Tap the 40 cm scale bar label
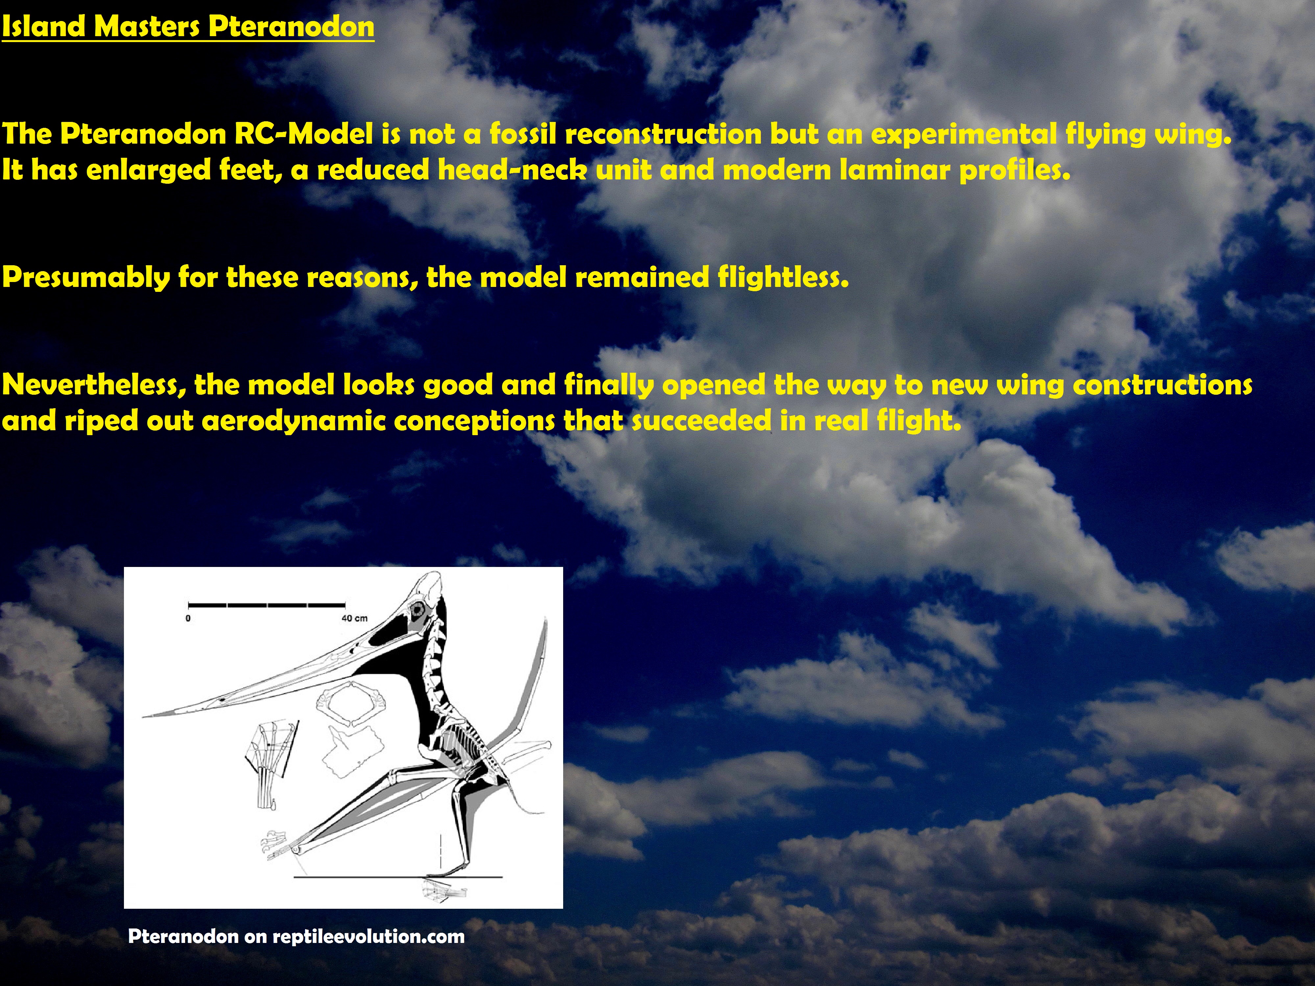(354, 618)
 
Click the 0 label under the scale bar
(188, 618)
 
